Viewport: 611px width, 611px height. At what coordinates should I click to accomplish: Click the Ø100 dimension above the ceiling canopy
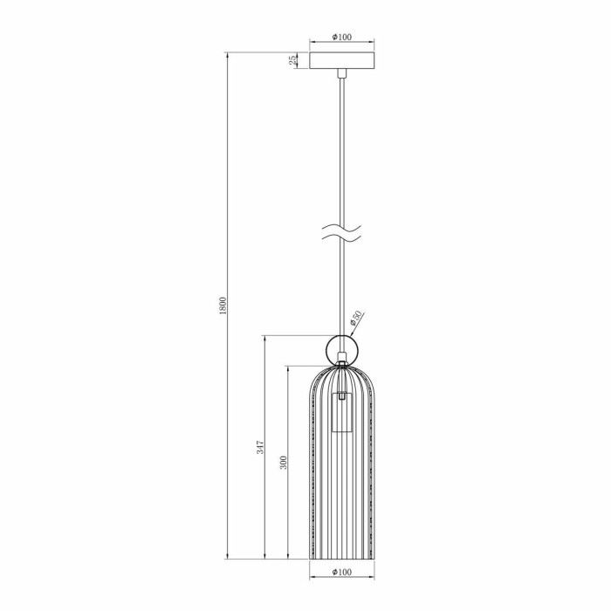[342, 38]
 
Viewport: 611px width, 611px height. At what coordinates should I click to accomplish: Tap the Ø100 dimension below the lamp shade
[342, 573]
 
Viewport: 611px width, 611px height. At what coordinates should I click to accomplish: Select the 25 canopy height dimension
[292, 60]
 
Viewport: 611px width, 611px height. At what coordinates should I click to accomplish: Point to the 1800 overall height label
[223, 305]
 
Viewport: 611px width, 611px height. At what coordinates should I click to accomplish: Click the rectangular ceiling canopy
[342, 60]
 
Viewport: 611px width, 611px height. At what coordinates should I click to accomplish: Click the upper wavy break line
[342, 230]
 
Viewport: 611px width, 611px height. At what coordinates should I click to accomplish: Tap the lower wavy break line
[342, 240]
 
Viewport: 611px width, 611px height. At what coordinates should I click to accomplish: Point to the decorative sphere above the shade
[342, 349]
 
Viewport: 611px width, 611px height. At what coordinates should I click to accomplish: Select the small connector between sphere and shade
[342, 367]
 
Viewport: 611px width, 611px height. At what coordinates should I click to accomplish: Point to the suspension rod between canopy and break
[342, 148]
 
